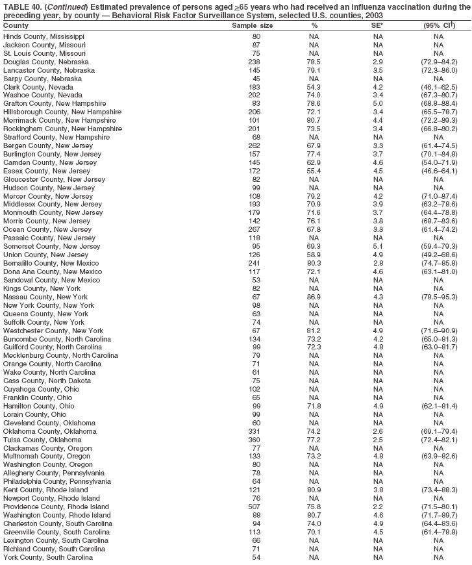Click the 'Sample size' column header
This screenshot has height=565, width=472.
(x=253, y=25)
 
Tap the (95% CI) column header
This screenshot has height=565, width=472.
(x=439, y=25)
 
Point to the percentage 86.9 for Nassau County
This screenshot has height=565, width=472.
(x=314, y=297)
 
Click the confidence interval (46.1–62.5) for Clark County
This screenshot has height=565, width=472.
(x=439, y=87)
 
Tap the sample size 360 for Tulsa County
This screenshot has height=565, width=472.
(x=256, y=440)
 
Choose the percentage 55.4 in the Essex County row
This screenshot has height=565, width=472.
(x=314, y=171)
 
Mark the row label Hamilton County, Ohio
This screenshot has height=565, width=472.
(x=39, y=406)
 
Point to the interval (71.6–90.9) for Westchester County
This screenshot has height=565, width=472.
(x=439, y=331)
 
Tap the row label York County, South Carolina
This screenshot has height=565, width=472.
(x=48, y=557)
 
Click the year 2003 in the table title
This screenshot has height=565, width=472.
(x=373, y=14)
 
